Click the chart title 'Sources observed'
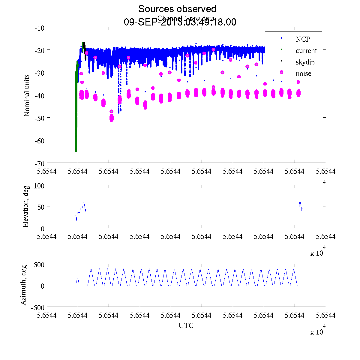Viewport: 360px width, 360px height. click(x=177, y=9)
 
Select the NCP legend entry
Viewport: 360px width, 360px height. click(x=303, y=39)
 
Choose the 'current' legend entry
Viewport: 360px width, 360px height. click(x=306, y=51)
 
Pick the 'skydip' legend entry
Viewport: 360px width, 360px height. click(x=305, y=62)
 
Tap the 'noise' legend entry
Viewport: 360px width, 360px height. click(x=303, y=73)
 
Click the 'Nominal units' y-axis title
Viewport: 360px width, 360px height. click(x=27, y=95)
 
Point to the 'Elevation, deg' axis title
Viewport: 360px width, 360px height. click(x=26, y=206)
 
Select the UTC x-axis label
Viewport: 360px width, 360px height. click(x=186, y=325)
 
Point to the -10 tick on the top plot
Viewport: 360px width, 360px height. click(x=39, y=28)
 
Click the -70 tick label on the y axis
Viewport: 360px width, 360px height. click(x=39, y=163)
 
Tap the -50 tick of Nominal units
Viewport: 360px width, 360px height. click(x=39, y=118)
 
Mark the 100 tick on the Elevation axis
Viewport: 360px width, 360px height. click(x=39, y=185)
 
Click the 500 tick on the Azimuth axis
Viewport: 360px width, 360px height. click(x=39, y=264)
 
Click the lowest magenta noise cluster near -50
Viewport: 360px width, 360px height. click(x=112, y=118)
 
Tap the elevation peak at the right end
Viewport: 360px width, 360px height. click(x=300, y=202)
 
